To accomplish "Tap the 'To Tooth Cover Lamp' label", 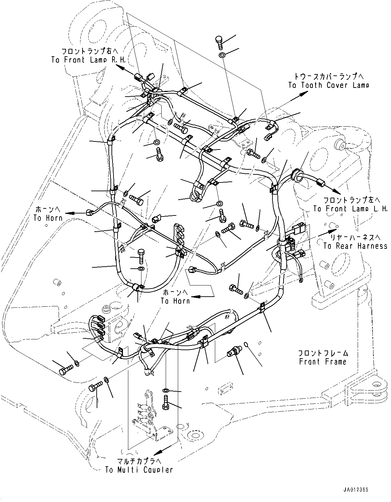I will (x=328, y=85).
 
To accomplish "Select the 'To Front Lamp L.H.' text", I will (x=350, y=209).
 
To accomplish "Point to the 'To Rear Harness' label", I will (x=355, y=246).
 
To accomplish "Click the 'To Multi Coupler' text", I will (x=139, y=470).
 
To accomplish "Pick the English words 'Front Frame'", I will (x=322, y=362).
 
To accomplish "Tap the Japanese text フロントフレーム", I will (x=323, y=353).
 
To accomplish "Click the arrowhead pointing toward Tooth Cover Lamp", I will (x=300, y=95).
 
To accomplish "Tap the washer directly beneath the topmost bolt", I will (x=222, y=55).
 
